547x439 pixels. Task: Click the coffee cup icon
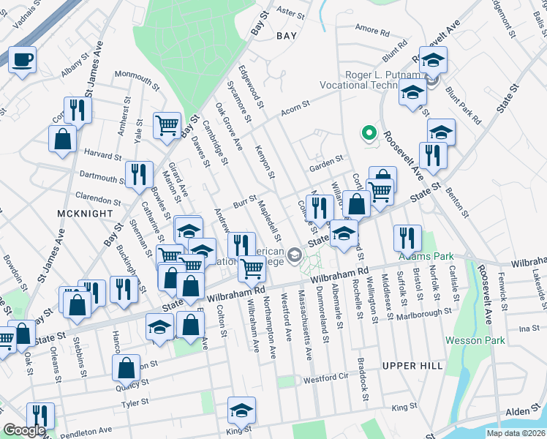pos(22,59)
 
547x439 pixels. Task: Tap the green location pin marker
pos(369,133)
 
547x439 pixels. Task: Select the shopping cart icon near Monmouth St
pos(167,125)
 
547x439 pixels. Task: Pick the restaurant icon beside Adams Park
pos(407,237)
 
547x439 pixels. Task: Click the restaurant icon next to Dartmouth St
pos(138,174)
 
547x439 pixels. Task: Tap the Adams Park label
pos(426,257)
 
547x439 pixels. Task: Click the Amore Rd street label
pos(371,31)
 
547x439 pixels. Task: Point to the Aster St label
pos(290,12)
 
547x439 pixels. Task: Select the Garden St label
pos(325,160)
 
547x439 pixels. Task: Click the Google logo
pos(24,430)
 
